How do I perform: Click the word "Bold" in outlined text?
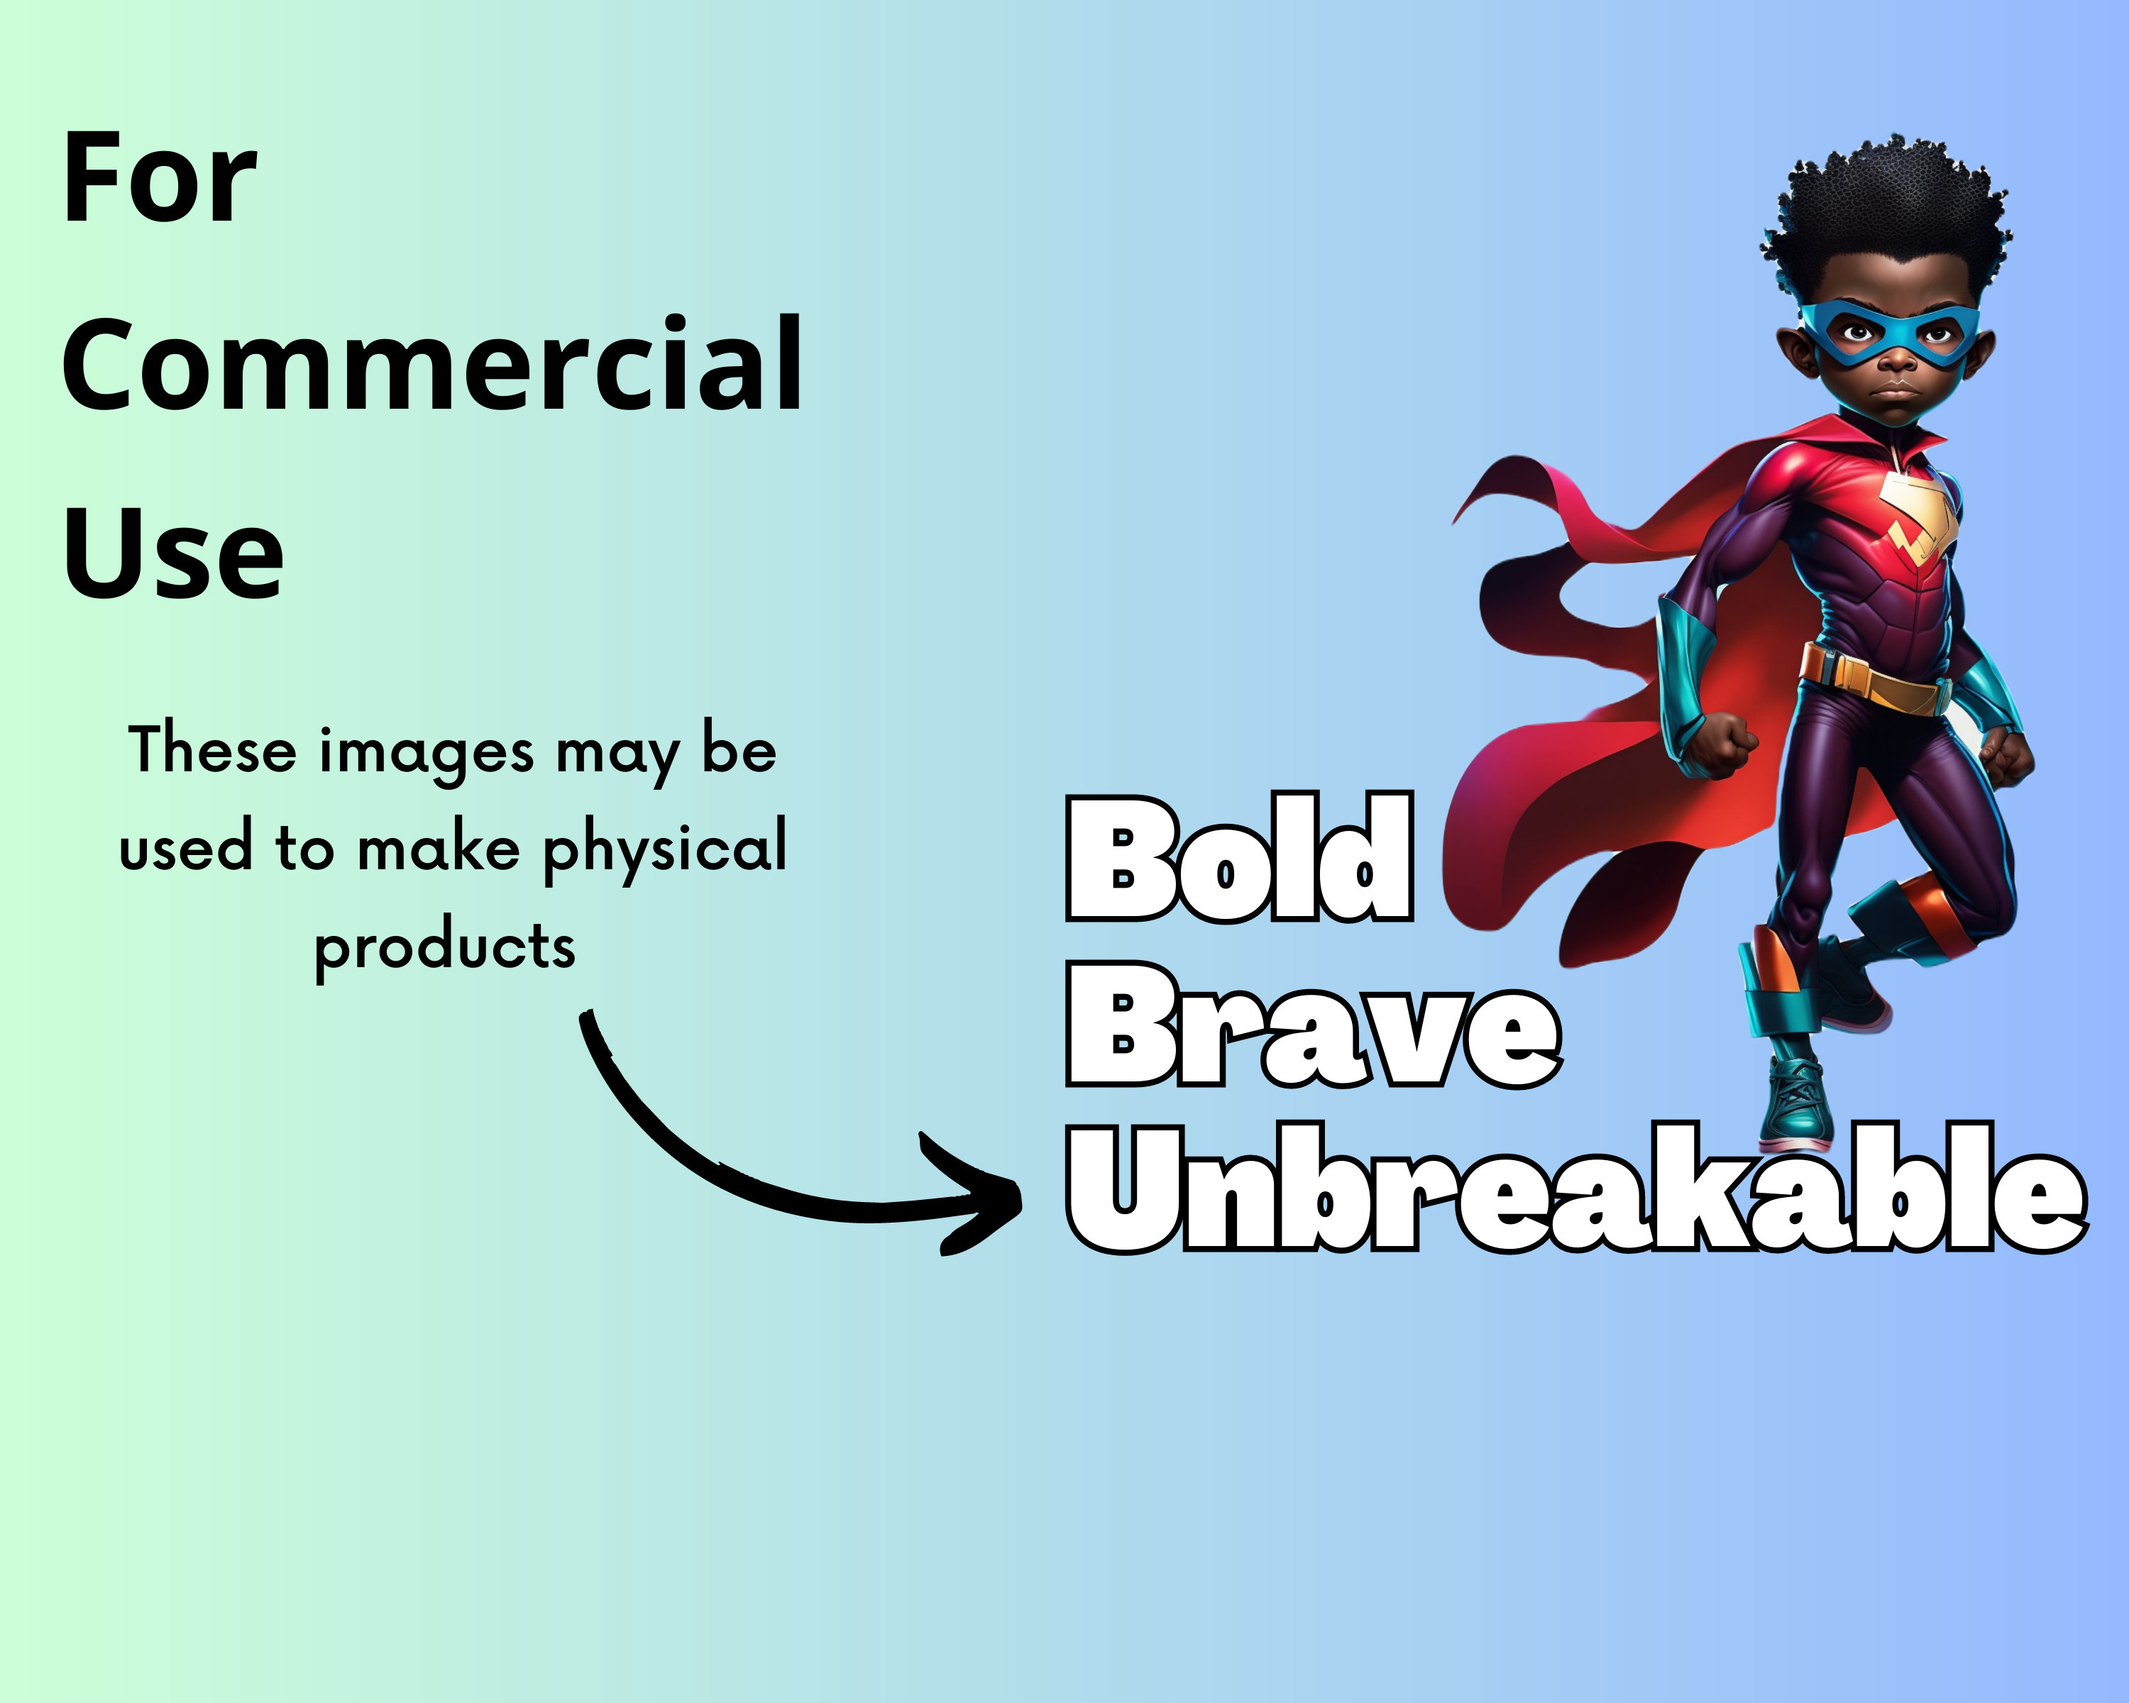coord(1239,858)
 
